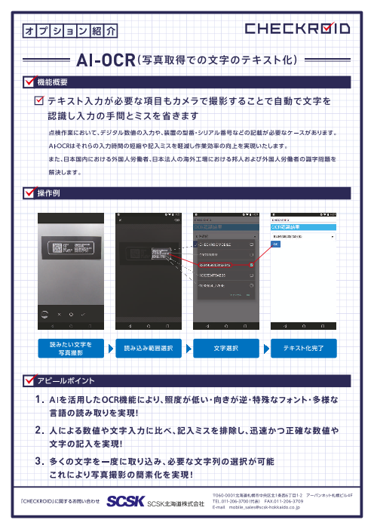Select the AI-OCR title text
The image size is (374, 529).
click(x=106, y=60)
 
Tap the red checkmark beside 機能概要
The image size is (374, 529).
click(x=31, y=81)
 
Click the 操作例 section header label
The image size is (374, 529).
click(x=48, y=195)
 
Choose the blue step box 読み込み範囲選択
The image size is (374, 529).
click(x=147, y=348)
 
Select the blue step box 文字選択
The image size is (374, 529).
click(x=225, y=348)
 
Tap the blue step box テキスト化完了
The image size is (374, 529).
click(x=302, y=348)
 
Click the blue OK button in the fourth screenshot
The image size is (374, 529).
click(x=275, y=245)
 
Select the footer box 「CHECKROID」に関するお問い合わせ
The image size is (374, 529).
click(x=60, y=500)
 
